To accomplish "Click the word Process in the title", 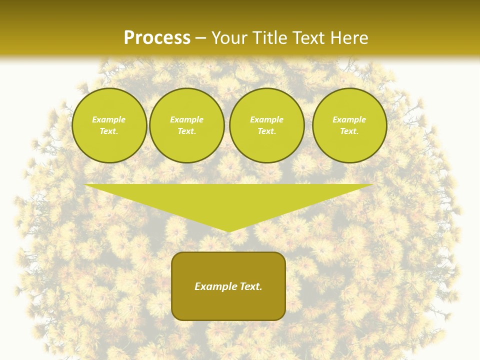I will (157, 38).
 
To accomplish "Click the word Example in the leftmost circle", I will (109, 119).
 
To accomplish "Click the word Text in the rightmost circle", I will (349, 131).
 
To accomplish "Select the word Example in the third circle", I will (266, 119).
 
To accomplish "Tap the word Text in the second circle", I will (186, 131).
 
